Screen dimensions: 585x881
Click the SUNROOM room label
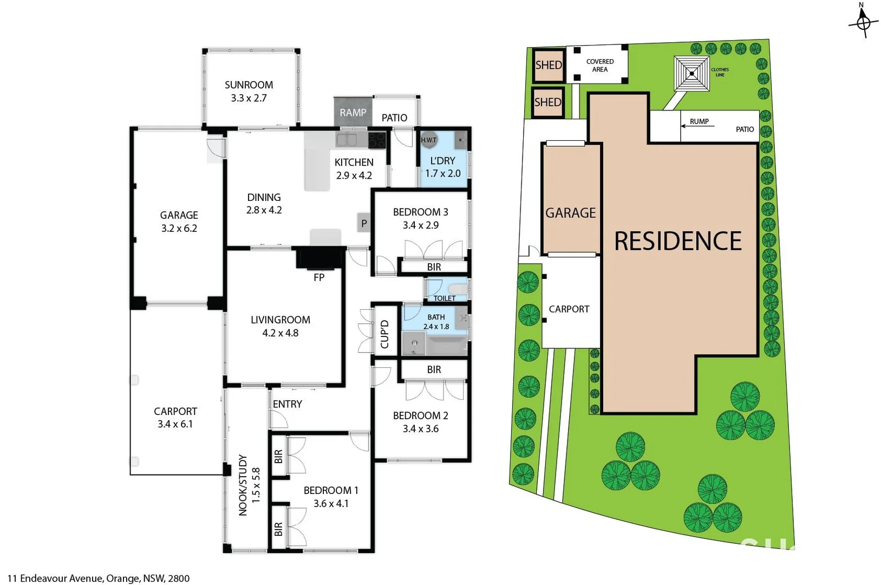coord(249,85)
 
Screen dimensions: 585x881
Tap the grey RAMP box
coord(353,112)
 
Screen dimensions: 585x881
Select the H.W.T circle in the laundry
coord(428,140)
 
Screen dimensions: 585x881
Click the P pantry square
coord(364,223)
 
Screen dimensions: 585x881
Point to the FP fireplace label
coord(319,277)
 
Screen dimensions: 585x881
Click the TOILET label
coord(445,298)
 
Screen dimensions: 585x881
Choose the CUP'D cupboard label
coord(385,334)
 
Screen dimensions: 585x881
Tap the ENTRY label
coord(287,404)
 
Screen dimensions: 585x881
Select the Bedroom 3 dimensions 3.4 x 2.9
coord(420,225)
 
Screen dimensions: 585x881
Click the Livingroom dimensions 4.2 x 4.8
coord(280,333)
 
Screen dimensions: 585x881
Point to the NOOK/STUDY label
coord(243,485)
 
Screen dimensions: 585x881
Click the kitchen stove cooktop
coord(377,140)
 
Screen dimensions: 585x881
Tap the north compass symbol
coord(863,22)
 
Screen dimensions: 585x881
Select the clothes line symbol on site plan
coord(691,74)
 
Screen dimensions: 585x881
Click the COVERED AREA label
coord(600,66)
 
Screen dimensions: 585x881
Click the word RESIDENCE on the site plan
coord(677,241)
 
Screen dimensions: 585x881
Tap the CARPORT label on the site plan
coord(569,309)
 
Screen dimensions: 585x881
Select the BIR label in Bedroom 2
coord(434,370)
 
